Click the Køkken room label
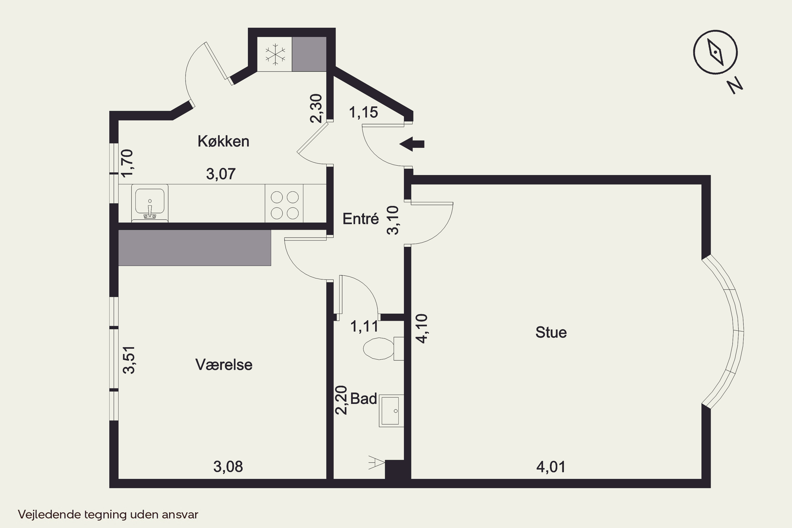click(x=223, y=142)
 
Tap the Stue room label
click(x=551, y=332)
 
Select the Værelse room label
click(x=224, y=365)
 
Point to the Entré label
click(x=361, y=219)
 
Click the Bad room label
click(x=364, y=399)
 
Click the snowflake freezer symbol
click(x=275, y=54)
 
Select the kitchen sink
click(x=150, y=203)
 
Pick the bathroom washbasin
click(x=391, y=411)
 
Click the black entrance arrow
click(x=412, y=144)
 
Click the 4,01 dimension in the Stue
click(x=551, y=467)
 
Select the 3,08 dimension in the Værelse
click(x=228, y=467)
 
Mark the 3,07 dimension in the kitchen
click(x=220, y=174)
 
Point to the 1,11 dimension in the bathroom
click(x=364, y=326)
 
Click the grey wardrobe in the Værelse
click(x=195, y=248)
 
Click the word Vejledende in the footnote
click(x=50, y=515)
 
